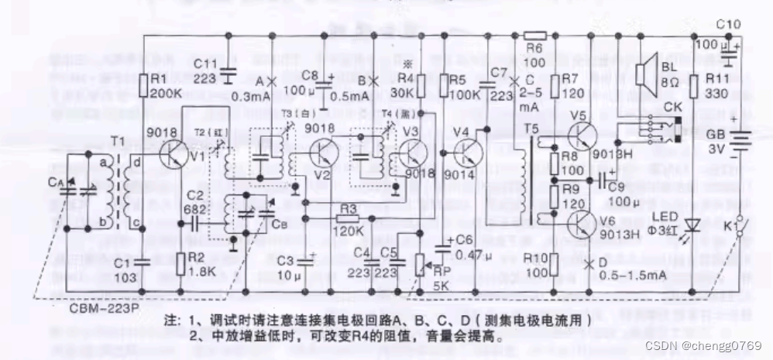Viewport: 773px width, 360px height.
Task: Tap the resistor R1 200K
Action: (143, 84)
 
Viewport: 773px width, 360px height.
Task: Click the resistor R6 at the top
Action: (535, 35)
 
